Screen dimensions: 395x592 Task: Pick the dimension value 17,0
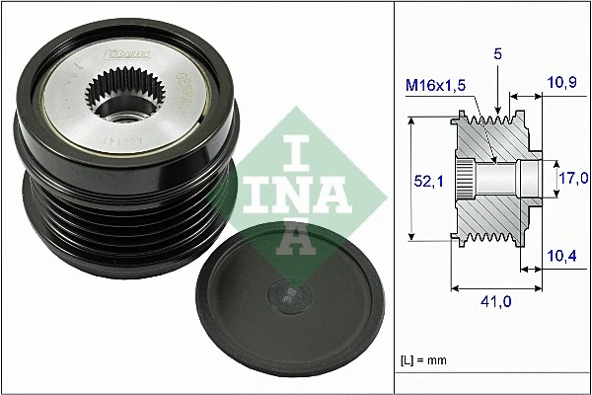tap(573, 178)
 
